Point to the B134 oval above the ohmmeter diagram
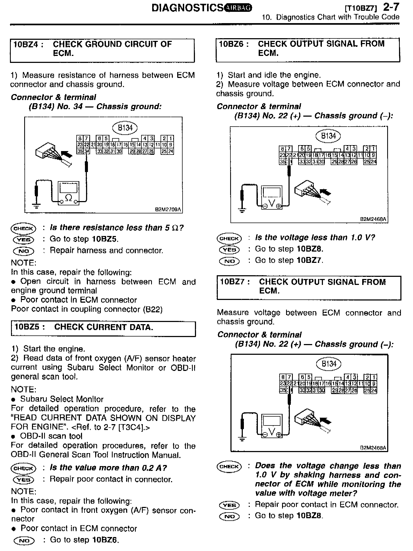pyautogui.click(x=124, y=128)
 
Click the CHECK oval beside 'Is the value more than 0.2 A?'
pyautogui.click(x=23, y=468)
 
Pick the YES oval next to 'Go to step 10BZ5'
pyautogui.click(x=24, y=239)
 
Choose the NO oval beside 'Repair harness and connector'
pyautogui.click(x=24, y=251)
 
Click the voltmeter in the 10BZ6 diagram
pyautogui.click(x=272, y=197)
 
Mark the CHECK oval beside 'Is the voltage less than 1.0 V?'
pyautogui.click(x=229, y=238)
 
